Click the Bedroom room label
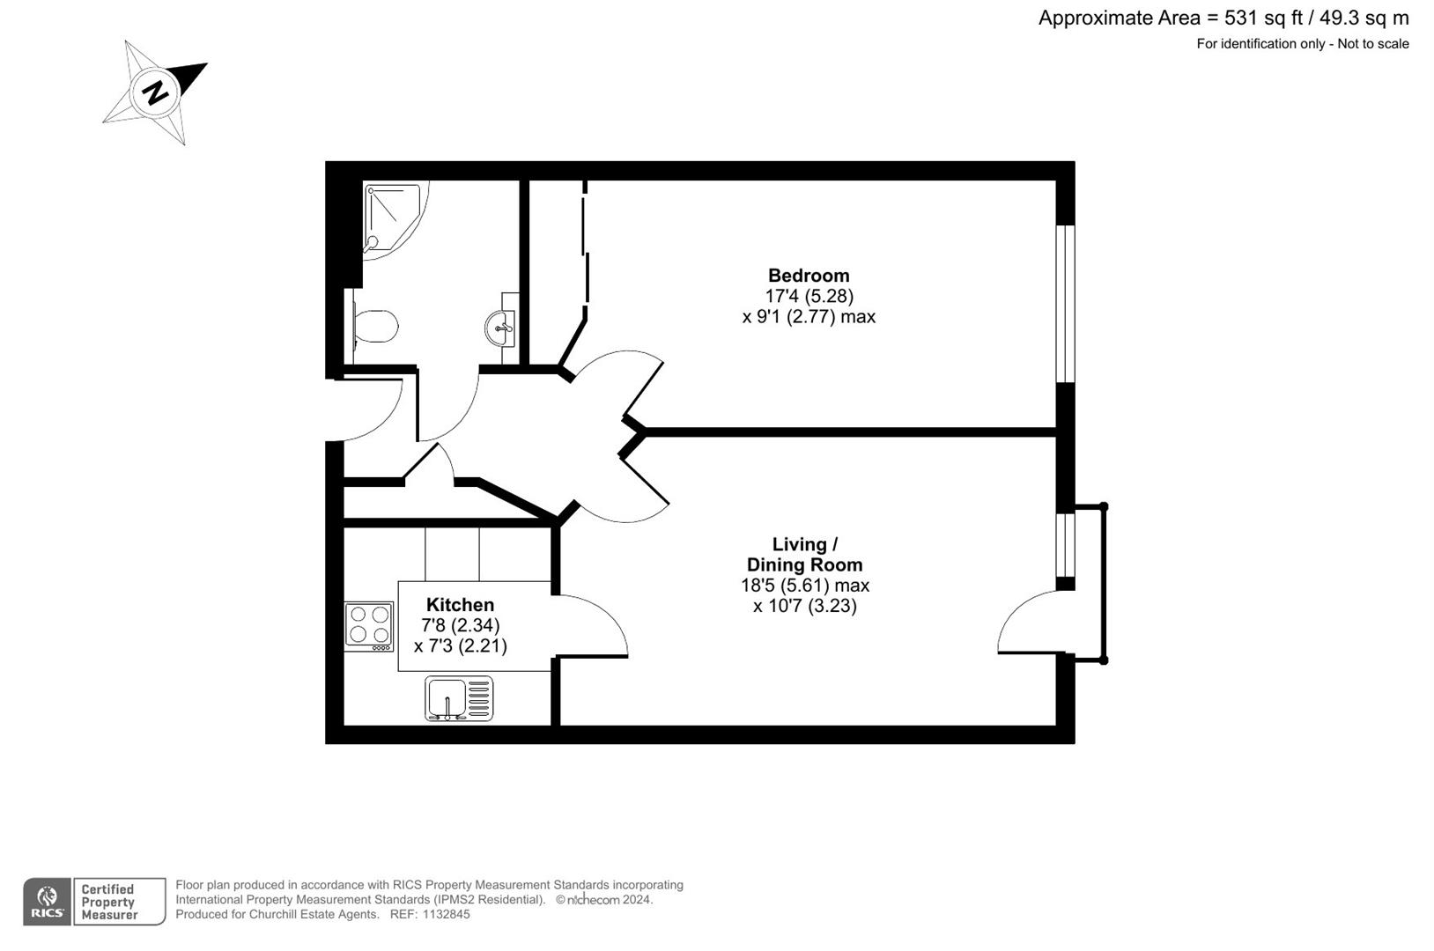pyautogui.click(x=808, y=276)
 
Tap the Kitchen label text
pyautogui.click(x=460, y=605)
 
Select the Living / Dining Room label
pyautogui.click(x=804, y=555)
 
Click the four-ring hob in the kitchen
pyautogui.click(x=369, y=624)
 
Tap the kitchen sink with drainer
pyautogui.click(x=459, y=698)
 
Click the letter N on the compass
pyautogui.click(x=156, y=92)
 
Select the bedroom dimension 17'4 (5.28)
pyautogui.click(x=809, y=297)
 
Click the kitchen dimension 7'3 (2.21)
pyautogui.click(x=460, y=645)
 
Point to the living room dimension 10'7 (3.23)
pyautogui.click(x=804, y=606)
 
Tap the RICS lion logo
pyautogui.click(x=47, y=901)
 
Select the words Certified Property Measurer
pyautogui.click(x=109, y=902)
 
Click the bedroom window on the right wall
pyautogui.click(x=1065, y=304)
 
